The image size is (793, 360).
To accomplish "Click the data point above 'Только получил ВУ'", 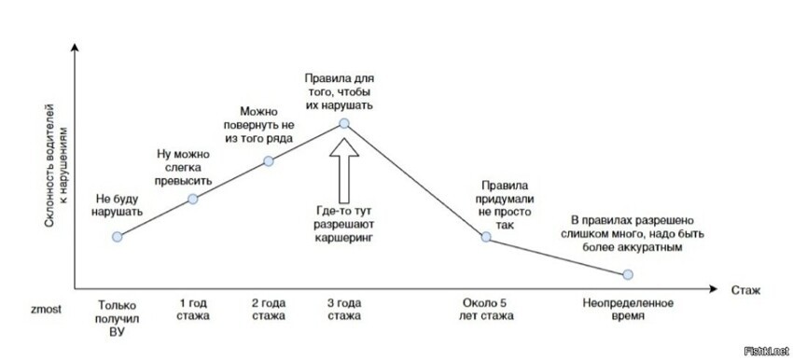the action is pyautogui.click(x=117, y=237).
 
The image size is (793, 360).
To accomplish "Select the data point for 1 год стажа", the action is pyautogui.click(x=193, y=199).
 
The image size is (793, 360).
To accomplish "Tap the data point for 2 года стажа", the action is pyautogui.click(x=269, y=161).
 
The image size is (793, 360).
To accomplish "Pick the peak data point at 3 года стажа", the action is pyautogui.click(x=344, y=123).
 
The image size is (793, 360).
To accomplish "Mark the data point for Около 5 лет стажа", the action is pyautogui.click(x=485, y=237).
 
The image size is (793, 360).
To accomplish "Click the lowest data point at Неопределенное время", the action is pyautogui.click(x=628, y=274).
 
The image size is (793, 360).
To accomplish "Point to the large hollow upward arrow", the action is pyautogui.click(x=344, y=171).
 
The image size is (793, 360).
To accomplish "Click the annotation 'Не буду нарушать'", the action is pyautogui.click(x=118, y=205).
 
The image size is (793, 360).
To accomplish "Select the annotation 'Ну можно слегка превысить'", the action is pyautogui.click(x=184, y=167).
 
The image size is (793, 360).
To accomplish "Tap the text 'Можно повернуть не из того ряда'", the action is pyautogui.click(x=259, y=124).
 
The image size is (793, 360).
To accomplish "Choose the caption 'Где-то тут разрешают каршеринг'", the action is pyautogui.click(x=344, y=225).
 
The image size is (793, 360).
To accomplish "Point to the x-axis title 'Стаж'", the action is pyautogui.click(x=745, y=291).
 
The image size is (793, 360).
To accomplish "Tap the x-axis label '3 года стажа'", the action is pyautogui.click(x=344, y=310).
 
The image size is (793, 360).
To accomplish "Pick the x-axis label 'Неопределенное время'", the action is pyautogui.click(x=628, y=310).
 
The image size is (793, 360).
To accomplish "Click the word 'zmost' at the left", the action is pyautogui.click(x=46, y=309).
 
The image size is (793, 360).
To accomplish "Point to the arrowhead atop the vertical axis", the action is pyautogui.click(x=75, y=47).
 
